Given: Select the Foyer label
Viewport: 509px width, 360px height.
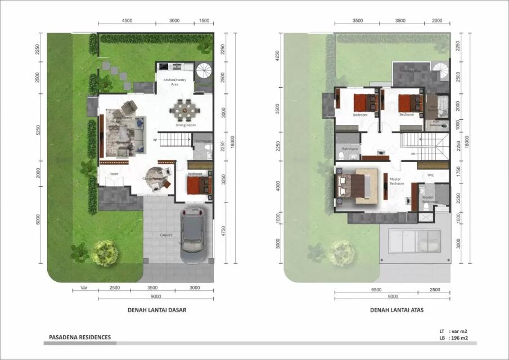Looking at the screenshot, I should pyautogui.click(x=113, y=174).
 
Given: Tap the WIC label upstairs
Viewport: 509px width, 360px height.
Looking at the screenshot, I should pyautogui.click(x=430, y=174).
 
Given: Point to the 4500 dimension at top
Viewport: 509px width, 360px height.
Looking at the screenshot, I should pyautogui.click(x=127, y=20).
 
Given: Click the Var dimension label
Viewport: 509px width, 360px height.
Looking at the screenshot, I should pyautogui.click(x=84, y=287).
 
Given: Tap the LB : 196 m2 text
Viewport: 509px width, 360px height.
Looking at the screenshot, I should pyautogui.click(x=455, y=339).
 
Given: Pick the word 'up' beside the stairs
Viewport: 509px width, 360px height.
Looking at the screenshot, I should pyautogui.click(x=155, y=139).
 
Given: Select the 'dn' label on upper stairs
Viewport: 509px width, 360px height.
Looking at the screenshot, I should pyautogui.click(x=413, y=153).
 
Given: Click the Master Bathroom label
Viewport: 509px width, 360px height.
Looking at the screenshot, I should pyautogui.click(x=428, y=199).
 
